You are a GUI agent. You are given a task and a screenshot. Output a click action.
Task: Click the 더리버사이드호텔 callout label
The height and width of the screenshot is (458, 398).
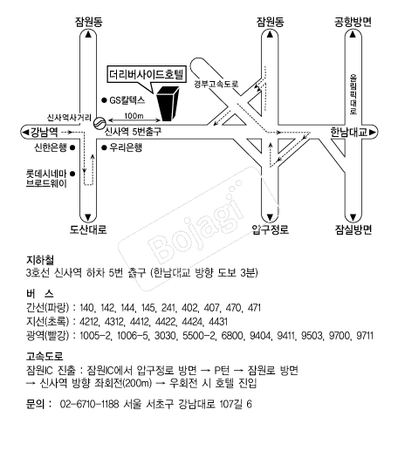pyautogui.click(x=147, y=74)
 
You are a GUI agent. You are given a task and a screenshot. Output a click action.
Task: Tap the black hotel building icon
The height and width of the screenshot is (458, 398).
pyautogui.click(x=168, y=104)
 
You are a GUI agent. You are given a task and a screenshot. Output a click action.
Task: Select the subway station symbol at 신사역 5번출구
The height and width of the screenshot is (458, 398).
pyautogui.click(x=99, y=122)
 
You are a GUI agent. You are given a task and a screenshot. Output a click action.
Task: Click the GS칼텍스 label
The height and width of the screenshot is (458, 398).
pyautogui.click(x=127, y=100)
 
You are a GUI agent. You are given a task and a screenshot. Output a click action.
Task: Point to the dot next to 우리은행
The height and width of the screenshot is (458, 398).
pyautogui.click(x=104, y=147)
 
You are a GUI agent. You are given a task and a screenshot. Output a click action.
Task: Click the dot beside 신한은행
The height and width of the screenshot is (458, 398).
pyautogui.click(x=72, y=147)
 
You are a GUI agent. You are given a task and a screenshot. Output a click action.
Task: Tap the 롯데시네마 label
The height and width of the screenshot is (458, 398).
pyautogui.click(x=46, y=174)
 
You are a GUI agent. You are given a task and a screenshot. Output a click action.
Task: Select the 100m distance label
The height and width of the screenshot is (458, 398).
pyautogui.click(x=134, y=116)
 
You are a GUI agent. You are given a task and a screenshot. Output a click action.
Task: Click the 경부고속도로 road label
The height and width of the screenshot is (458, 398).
pyautogui.click(x=216, y=84)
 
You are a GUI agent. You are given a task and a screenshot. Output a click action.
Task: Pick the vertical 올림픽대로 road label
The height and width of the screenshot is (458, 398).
pyautogui.click(x=353, y=94)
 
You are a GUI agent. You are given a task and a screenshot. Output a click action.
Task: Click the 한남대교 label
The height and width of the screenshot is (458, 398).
pyautogui.click(x=348, y=133)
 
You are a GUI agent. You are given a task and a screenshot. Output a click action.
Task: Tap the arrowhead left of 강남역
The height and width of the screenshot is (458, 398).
pyautogui.click(x=25, y=133)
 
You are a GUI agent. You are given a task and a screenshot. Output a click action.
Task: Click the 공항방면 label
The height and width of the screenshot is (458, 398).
pyautogui.click(x=353, y=22)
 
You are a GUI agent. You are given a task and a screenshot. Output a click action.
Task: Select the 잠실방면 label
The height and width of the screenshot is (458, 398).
pyautogui.click(x=353, y=230)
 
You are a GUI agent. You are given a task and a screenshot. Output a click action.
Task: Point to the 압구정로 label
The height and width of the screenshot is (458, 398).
pyautogui.click(x=271, y=230)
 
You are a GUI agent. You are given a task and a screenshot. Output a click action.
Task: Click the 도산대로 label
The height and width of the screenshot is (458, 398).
pyautogui.click(x=88, y=230)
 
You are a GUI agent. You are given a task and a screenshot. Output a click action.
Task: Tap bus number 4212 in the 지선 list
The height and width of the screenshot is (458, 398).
pyautogui.click(x=89, y=322)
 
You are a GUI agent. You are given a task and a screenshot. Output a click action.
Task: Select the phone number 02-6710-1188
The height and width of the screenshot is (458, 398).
pyautogui.click(x=89, y=404)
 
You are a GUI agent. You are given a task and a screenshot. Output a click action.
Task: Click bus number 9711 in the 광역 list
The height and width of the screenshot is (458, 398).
pyautogui.click(x=365, y=336)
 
